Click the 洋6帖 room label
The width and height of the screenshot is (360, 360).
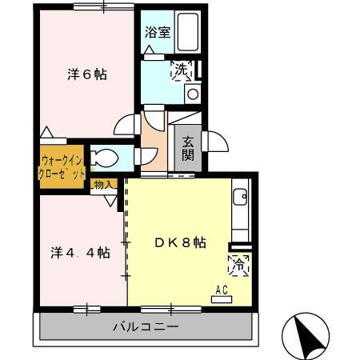tap(86, 76)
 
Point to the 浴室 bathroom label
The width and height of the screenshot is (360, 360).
tap(157, 33)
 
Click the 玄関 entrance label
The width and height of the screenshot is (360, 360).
tap(187, 149)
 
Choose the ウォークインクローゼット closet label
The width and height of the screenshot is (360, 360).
tap(62, 164)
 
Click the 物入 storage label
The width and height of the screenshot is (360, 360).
tap(103, 184)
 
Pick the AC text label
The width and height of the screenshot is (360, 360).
tap(222, 290)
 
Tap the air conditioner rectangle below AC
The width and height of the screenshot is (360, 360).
tap(222, 299)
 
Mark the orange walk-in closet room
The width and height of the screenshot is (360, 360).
tap(62, 164)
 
